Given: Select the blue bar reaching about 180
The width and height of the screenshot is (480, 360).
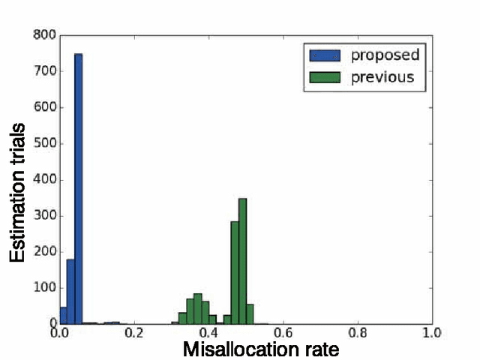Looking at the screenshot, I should click(71, 292).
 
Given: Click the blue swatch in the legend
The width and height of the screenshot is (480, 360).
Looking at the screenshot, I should click(325, 55).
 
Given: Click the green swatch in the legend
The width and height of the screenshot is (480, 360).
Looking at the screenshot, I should click(325, 77).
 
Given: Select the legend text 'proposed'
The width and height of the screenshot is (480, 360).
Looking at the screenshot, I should click(384, 55).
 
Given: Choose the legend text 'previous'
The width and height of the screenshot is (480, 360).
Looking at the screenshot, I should click(382, 77).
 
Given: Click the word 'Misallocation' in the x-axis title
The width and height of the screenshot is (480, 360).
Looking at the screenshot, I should click(238, 350).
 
